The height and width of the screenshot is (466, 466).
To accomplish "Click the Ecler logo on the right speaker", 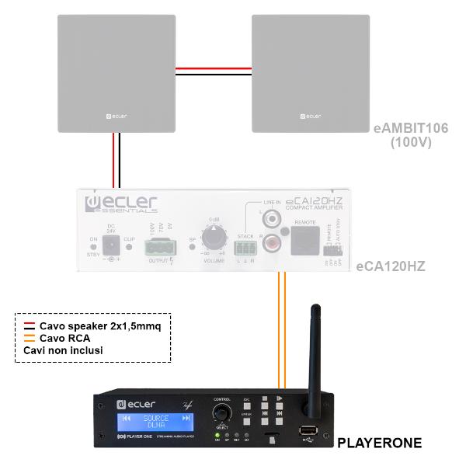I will (x=309, y=116).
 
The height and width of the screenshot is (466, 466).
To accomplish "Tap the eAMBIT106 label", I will (x=411, y=128).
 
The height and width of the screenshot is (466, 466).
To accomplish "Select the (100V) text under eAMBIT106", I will (x=412, y=143).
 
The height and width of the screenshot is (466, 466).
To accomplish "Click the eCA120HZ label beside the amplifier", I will (x=390, y=266).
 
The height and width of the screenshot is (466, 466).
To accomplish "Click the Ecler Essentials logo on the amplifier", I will (x=120, y=204).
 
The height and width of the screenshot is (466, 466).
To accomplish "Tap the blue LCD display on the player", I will (x=154, y=423).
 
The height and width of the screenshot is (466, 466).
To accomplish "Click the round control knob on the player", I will (x=222, y=411).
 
